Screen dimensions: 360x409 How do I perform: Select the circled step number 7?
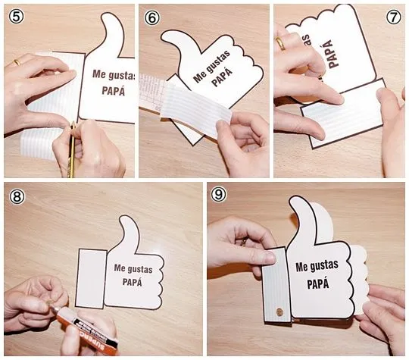pos(393,15)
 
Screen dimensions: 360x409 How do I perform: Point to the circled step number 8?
pos(17,195)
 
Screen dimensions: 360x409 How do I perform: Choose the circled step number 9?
pos(220,195)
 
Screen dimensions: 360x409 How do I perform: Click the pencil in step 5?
pos(72,148)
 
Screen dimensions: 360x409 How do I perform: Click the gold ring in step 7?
pos(281,43)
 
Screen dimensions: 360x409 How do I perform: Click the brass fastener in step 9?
pos(283,310)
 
